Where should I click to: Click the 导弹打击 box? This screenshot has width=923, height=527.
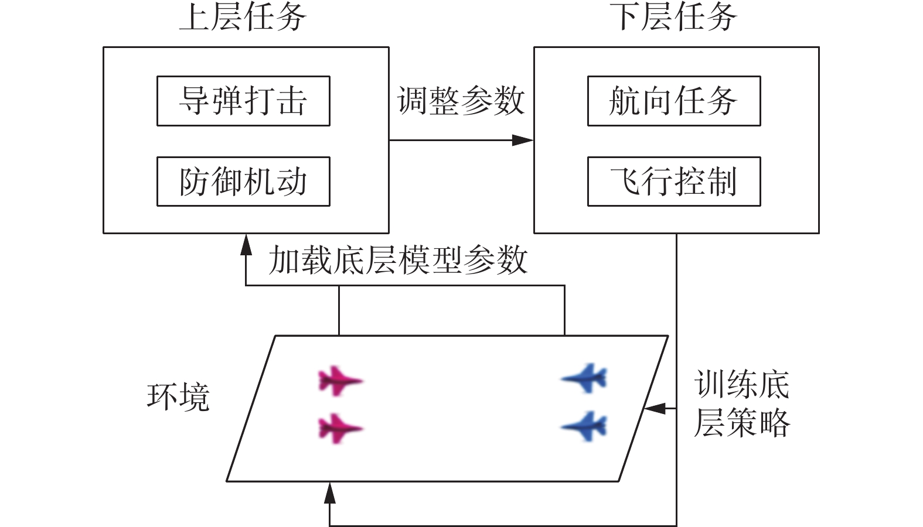pos(243,101)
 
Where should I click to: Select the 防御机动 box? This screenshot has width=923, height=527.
pos(243,182)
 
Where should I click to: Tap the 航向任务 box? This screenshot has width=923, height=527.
pos(674,101)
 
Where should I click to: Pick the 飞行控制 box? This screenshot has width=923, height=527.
pos(674,182)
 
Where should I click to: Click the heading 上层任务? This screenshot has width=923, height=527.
pos(243,16)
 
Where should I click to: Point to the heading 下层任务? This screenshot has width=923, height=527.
pos(674,16)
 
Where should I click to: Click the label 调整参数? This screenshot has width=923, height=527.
pos(461,101)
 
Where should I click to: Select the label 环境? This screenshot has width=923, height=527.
pos(178,397)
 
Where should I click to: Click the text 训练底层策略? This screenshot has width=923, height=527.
pos(741,404)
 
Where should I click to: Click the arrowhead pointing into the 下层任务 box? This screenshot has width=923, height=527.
pos(523,140)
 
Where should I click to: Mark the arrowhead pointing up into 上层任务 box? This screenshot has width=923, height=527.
pos(246,244)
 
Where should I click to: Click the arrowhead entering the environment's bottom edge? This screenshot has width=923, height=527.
pos(330,493)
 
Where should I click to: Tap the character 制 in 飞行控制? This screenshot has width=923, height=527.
pos(723,182)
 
